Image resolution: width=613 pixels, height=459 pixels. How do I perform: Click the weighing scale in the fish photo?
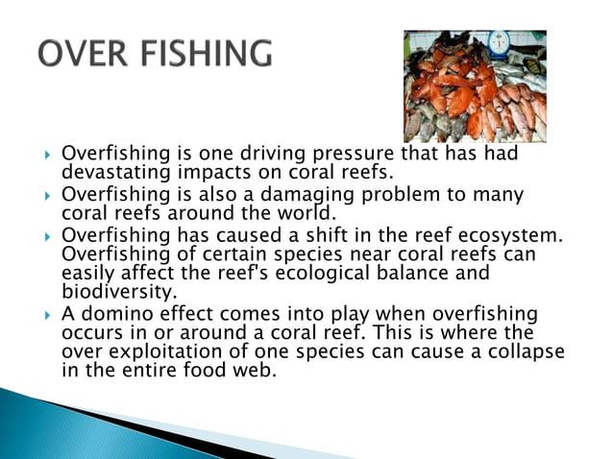click(x=500, y=43)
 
